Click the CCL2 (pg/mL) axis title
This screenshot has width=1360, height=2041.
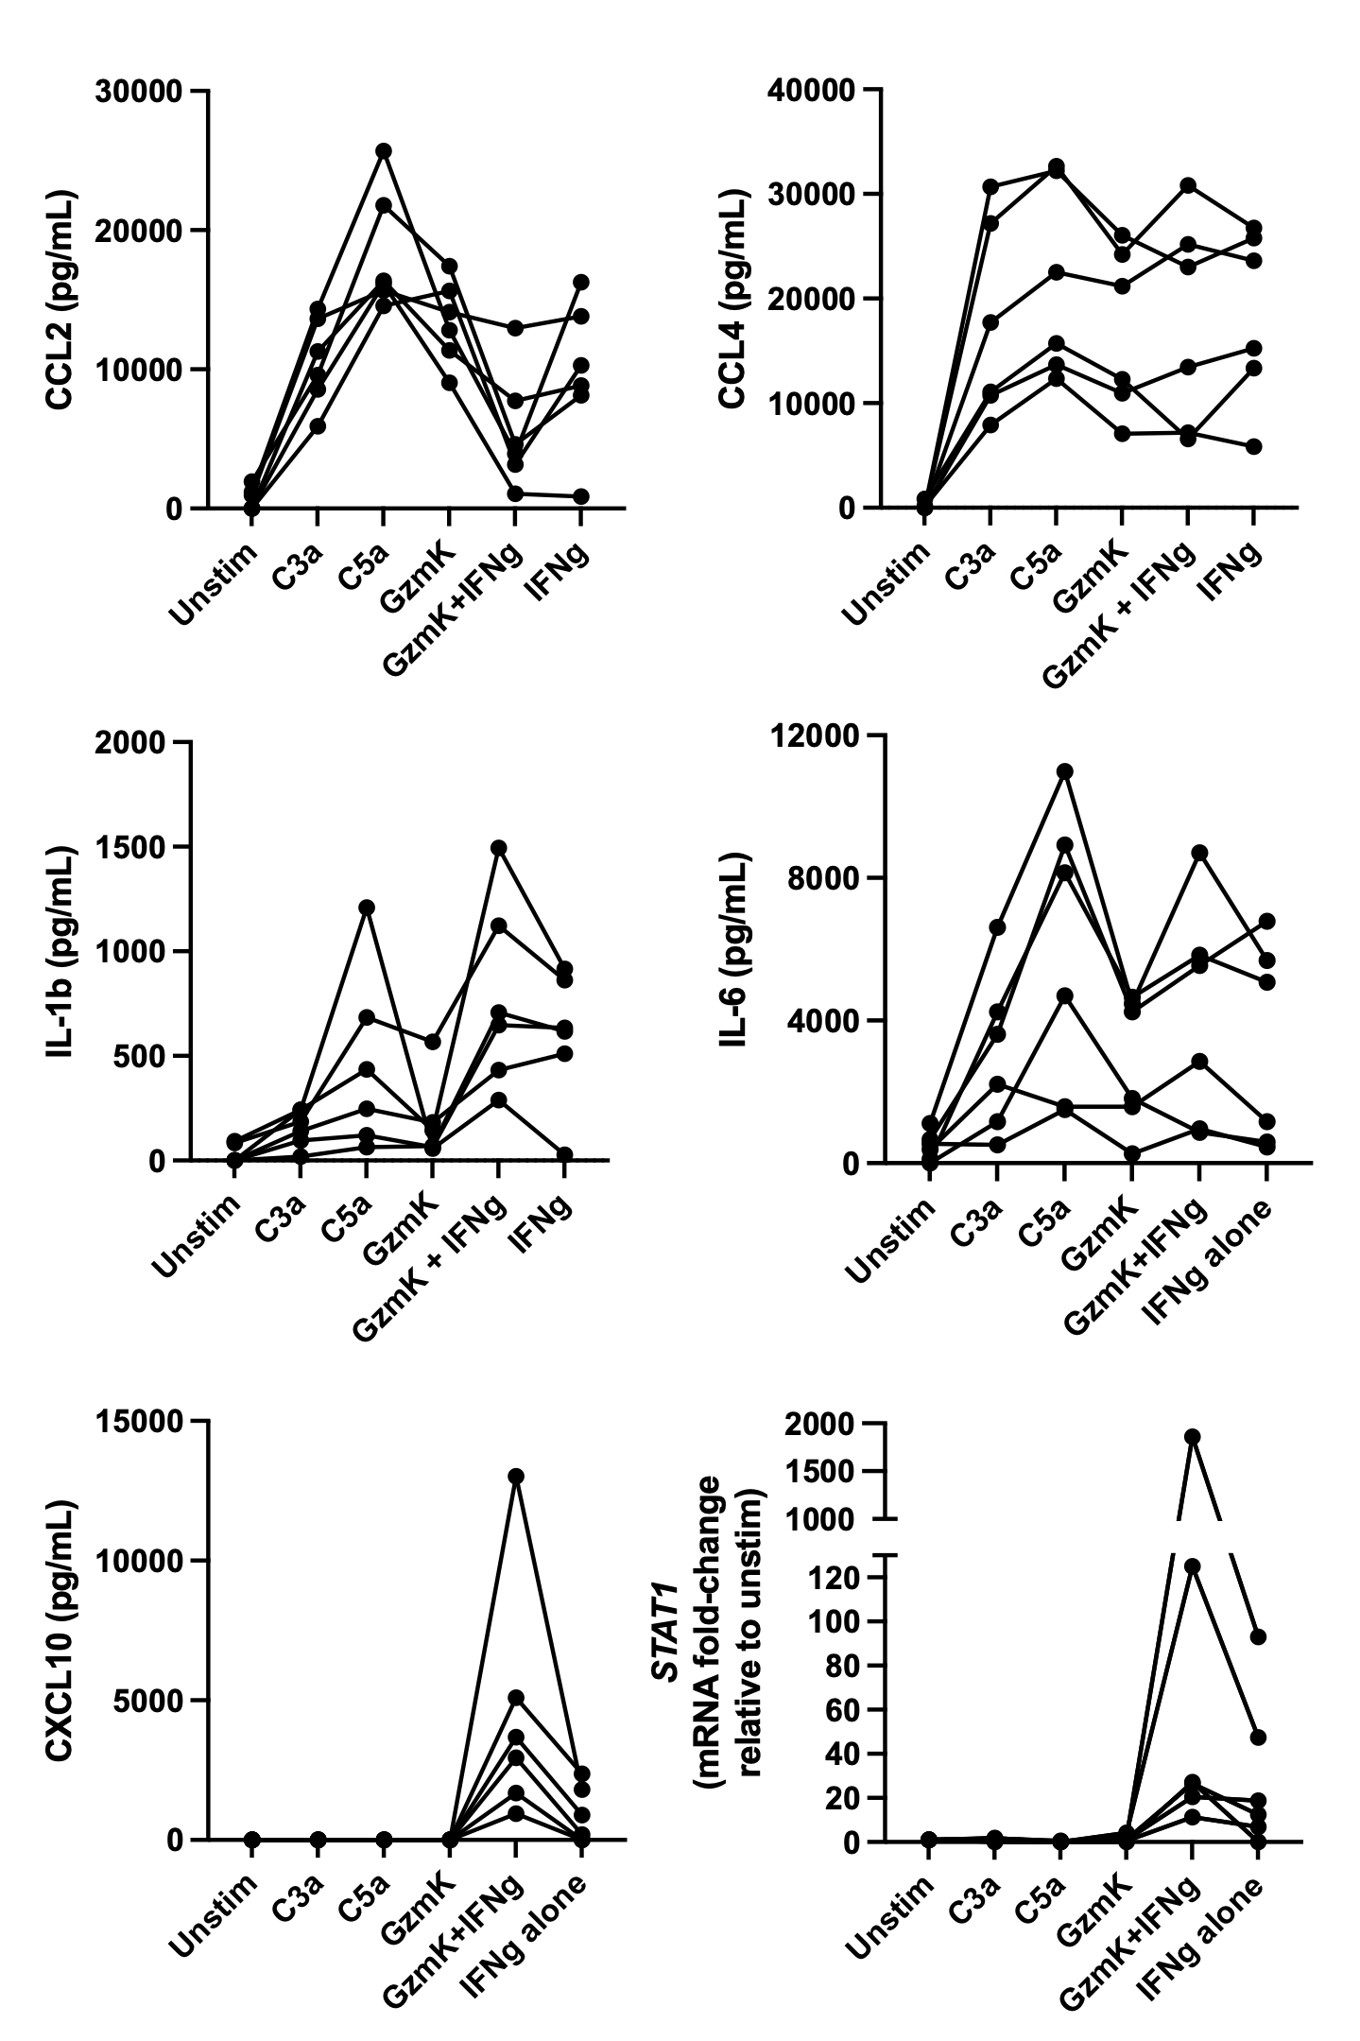(x=62, y=301)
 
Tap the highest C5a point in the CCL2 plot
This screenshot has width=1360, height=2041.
(x=384, y=151)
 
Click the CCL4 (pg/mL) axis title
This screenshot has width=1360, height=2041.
(x=733, y=301)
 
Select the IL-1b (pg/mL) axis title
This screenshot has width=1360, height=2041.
(x=62, y=951)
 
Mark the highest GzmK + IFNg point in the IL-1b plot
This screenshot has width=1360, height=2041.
(x=498, y=847)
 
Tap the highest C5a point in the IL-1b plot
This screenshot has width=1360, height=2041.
(x=366, y=908)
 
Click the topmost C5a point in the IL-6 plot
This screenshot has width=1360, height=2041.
(x=1064, y=770)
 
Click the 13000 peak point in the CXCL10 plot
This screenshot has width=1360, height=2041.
(x=515, y=1476)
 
